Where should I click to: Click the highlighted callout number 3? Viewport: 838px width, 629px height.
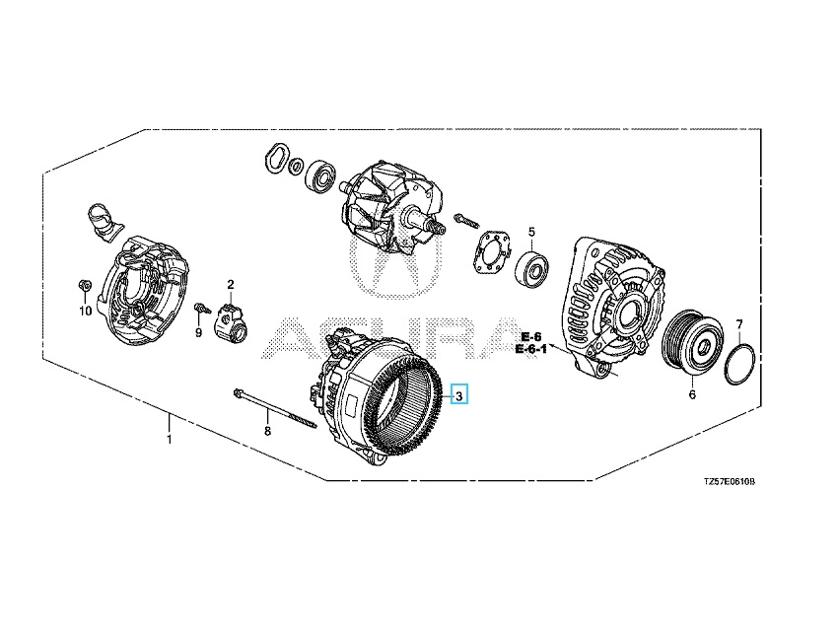[x=459, y=396]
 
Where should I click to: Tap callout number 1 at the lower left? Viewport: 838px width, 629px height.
[x=170, y=440]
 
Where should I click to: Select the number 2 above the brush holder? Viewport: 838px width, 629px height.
[x=231, y=284]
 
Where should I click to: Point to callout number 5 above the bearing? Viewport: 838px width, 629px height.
[x=531, y=232]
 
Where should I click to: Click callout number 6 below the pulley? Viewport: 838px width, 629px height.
[x=692, y=394]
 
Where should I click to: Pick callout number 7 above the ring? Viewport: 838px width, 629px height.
[x=739, y=323]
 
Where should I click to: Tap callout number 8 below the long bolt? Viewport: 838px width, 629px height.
[x=268, y=430]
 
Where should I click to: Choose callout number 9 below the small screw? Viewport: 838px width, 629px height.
[x=198, y=333]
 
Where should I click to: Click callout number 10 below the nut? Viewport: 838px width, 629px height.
[x=86, y=311]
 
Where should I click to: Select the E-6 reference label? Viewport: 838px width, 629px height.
[x=531, y=336]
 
